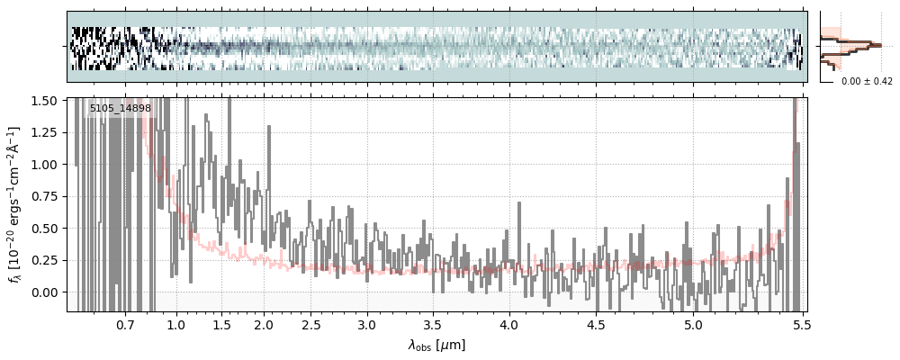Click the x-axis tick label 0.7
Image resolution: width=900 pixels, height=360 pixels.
125,324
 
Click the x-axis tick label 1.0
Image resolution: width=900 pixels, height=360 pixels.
176,324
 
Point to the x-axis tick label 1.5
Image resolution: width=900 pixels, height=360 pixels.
221,324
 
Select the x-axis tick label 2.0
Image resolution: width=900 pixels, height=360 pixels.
264,324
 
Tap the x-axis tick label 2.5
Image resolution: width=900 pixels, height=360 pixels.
311,324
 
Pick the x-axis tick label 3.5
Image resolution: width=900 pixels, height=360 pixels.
436,324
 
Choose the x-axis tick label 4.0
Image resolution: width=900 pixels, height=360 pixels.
509,324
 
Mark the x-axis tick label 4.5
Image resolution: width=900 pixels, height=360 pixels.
599,324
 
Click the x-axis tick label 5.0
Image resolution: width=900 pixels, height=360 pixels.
692,324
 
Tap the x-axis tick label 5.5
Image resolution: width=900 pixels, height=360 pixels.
797,324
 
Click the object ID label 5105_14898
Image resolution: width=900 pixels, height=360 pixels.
120,109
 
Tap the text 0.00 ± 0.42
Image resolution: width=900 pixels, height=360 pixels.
867,82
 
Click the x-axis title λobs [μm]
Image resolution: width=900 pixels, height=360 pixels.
436,345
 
